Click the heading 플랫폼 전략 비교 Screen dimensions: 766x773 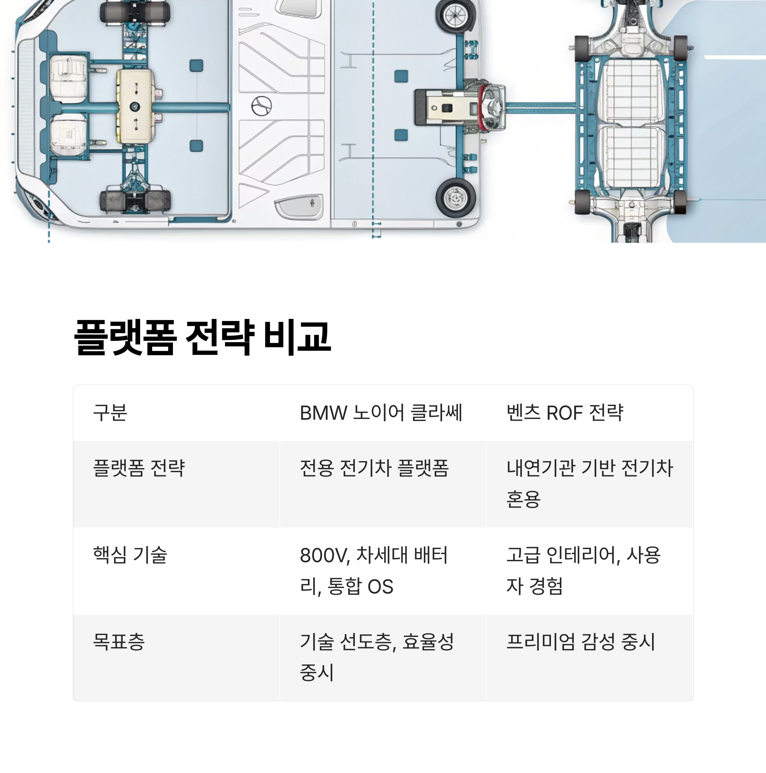202,337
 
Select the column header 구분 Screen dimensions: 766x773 110,413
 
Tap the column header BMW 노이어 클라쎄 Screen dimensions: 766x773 380,413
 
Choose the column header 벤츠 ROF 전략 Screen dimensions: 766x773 565,413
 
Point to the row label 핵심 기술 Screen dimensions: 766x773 130,555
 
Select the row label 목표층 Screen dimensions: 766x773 118,642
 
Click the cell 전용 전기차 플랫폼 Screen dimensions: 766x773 374,468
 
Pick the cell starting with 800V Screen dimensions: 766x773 373,570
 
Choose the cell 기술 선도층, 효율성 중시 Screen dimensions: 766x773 377,657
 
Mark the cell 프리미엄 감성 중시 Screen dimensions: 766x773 581,642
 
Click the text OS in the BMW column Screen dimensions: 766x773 380,586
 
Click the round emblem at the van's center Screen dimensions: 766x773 261,106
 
